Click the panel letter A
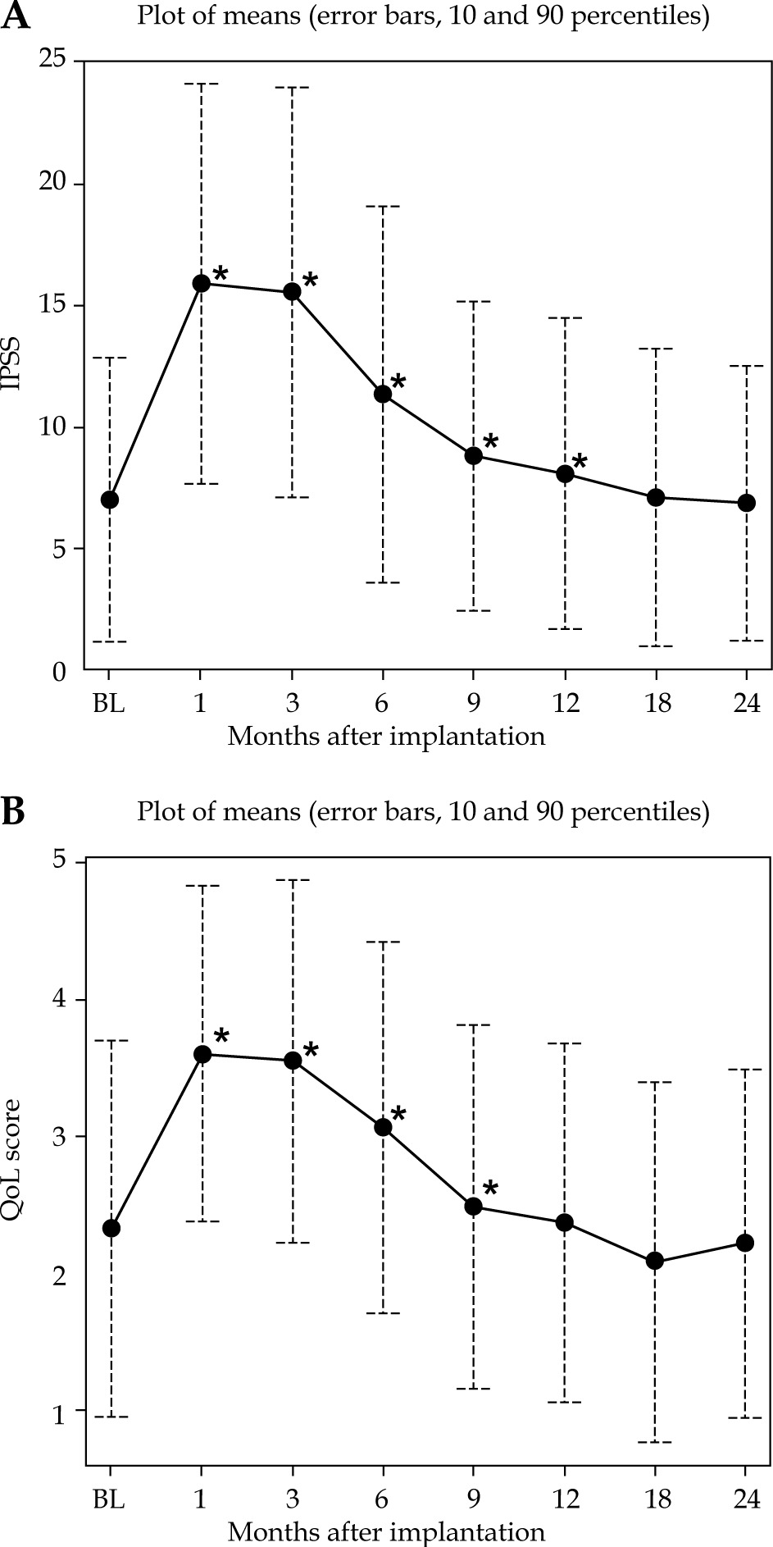pyautogui.click(x=16, y=16)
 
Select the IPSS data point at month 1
pyautogui.click(x=201, y=283)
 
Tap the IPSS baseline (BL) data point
pyautogui.click(x=110, y=500)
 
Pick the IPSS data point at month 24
pyautogui.click(x=746, y=503)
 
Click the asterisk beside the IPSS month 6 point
pyautogui.click(x=398, y=381)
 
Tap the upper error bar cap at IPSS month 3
pyautogui.click(x=292, y=87)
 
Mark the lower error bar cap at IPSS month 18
pyautogui.click(x=655, y=646)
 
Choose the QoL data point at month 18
pyautogui.click(x=655, y=1261)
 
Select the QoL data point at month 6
pyautogui.click(x=383, y=1127)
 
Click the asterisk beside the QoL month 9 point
pyautogui.click(x=489, y=1189)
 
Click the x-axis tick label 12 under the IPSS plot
pyautogui.click(x=564, y=704)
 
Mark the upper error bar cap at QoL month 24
pyautogui.click(x=746, y=1070)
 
